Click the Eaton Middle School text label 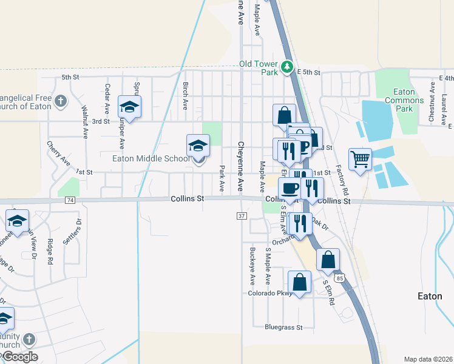(x=151, y=159)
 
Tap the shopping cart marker (x=360, y=160)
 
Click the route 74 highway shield (x=70, y=200)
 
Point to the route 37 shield (x=242, y=216)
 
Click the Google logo (x=19, y=356)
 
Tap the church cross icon (x=60, y=100)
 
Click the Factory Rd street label (x=342, y=180)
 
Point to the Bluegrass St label (x=283, y=327)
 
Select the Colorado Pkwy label (x=270, y=293)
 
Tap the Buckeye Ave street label (x=252, y=266)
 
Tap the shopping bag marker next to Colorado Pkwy (x=299, y=281)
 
